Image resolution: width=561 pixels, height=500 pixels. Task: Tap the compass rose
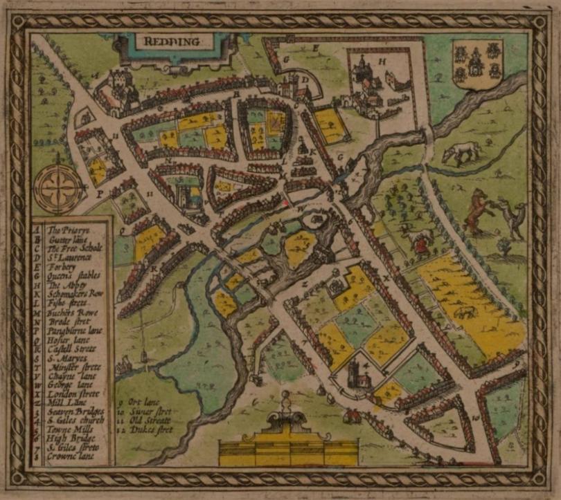[57, 185]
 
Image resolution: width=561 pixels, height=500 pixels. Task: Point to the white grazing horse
[462, 151]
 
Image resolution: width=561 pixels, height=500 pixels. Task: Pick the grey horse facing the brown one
[512, 214]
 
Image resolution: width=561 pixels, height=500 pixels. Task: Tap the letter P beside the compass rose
[99, 195]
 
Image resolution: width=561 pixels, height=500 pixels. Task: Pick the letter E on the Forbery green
[316, 48]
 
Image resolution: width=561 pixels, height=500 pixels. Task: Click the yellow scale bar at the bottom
[288, 452]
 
